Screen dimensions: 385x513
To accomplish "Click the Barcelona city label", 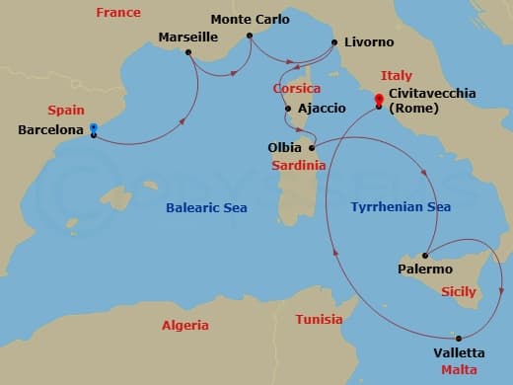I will click(50, 129).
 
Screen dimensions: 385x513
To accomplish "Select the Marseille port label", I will click(188, 38).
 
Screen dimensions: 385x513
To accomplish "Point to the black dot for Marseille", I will click(187, 51).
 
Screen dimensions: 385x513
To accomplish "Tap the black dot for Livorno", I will click(332, 42).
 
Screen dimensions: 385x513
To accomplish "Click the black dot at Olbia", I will click(312, 148).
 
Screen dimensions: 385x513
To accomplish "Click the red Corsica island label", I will click(297, 89).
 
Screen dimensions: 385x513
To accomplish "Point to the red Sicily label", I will click(458, 292).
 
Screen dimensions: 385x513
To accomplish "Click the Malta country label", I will click(458, 370).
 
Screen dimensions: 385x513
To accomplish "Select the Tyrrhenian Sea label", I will click(401, 207).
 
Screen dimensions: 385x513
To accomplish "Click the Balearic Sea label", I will click(207, 208).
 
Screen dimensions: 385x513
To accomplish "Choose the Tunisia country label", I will click(320, 319).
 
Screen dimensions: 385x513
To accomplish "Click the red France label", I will click(117, 13).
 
